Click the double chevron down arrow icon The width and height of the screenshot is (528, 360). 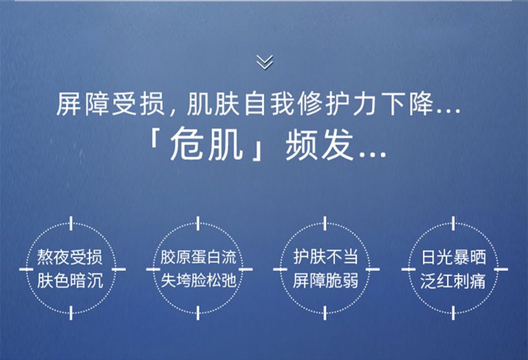pos(265,62)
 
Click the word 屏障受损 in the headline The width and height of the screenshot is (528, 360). pos(111,104)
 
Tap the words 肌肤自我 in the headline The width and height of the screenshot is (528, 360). pos(241,104)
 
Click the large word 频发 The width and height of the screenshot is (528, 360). pos(320,145)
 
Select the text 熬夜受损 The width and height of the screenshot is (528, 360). pos(70,257)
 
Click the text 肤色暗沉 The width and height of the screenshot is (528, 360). pos(70,280)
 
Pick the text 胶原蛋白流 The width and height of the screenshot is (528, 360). pos(199,257)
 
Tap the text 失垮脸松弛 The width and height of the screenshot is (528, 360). pos(199,280)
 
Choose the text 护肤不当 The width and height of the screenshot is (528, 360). pos(325,257)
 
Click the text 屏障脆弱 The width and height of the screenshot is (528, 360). pos(325,280)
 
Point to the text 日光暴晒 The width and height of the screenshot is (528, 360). pos(453,257)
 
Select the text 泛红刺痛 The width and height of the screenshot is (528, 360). pos(453,280)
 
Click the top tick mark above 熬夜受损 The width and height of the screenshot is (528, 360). pos(71,224)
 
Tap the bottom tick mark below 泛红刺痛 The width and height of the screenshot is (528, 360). pos(453,314)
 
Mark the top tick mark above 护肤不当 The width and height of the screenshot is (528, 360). pos(325,224)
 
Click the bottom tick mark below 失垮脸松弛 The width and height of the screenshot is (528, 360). pos(198,314)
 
